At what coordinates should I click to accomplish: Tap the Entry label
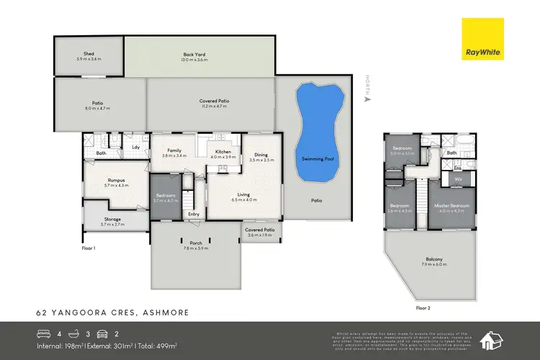pos(194,214)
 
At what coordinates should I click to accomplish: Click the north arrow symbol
pos(367,99)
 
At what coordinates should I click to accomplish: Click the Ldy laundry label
pos(135,148)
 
